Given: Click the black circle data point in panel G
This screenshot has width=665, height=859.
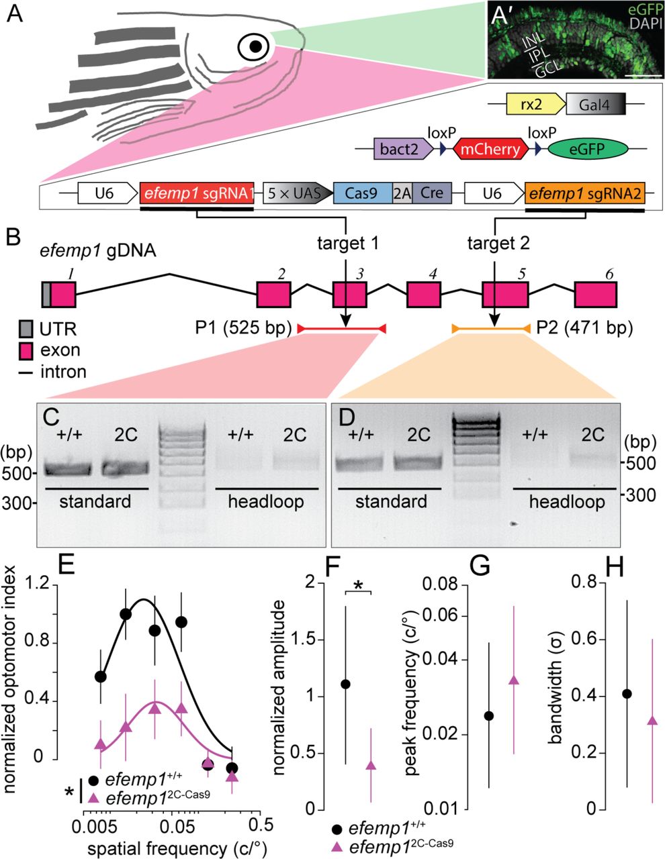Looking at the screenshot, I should point(488,715).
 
